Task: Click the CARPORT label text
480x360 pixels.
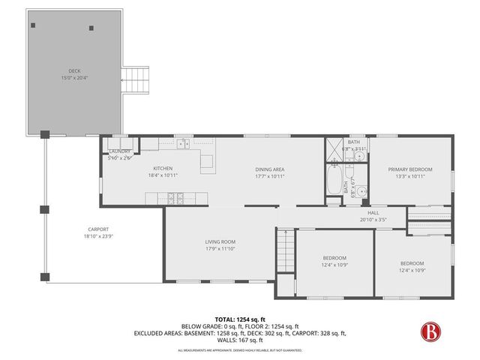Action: [x=98, y=229]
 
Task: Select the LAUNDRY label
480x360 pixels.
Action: [x=120, y=151]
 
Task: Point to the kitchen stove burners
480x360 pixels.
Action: [x=175, y=199]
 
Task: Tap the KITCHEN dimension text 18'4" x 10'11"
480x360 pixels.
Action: [x=163, y=175]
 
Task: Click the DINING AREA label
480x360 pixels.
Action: [x=269, y=169]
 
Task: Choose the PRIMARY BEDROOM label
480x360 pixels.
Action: [x=407, y=169]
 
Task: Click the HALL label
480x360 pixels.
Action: [x=373, y=214]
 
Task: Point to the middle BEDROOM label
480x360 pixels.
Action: [x=334, y=258]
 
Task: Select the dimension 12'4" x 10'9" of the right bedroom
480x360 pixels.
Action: [x=412, y=270]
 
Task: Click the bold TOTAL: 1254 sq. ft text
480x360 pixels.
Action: [x=240, y=319]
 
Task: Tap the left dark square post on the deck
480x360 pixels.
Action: [x=33, y=24]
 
